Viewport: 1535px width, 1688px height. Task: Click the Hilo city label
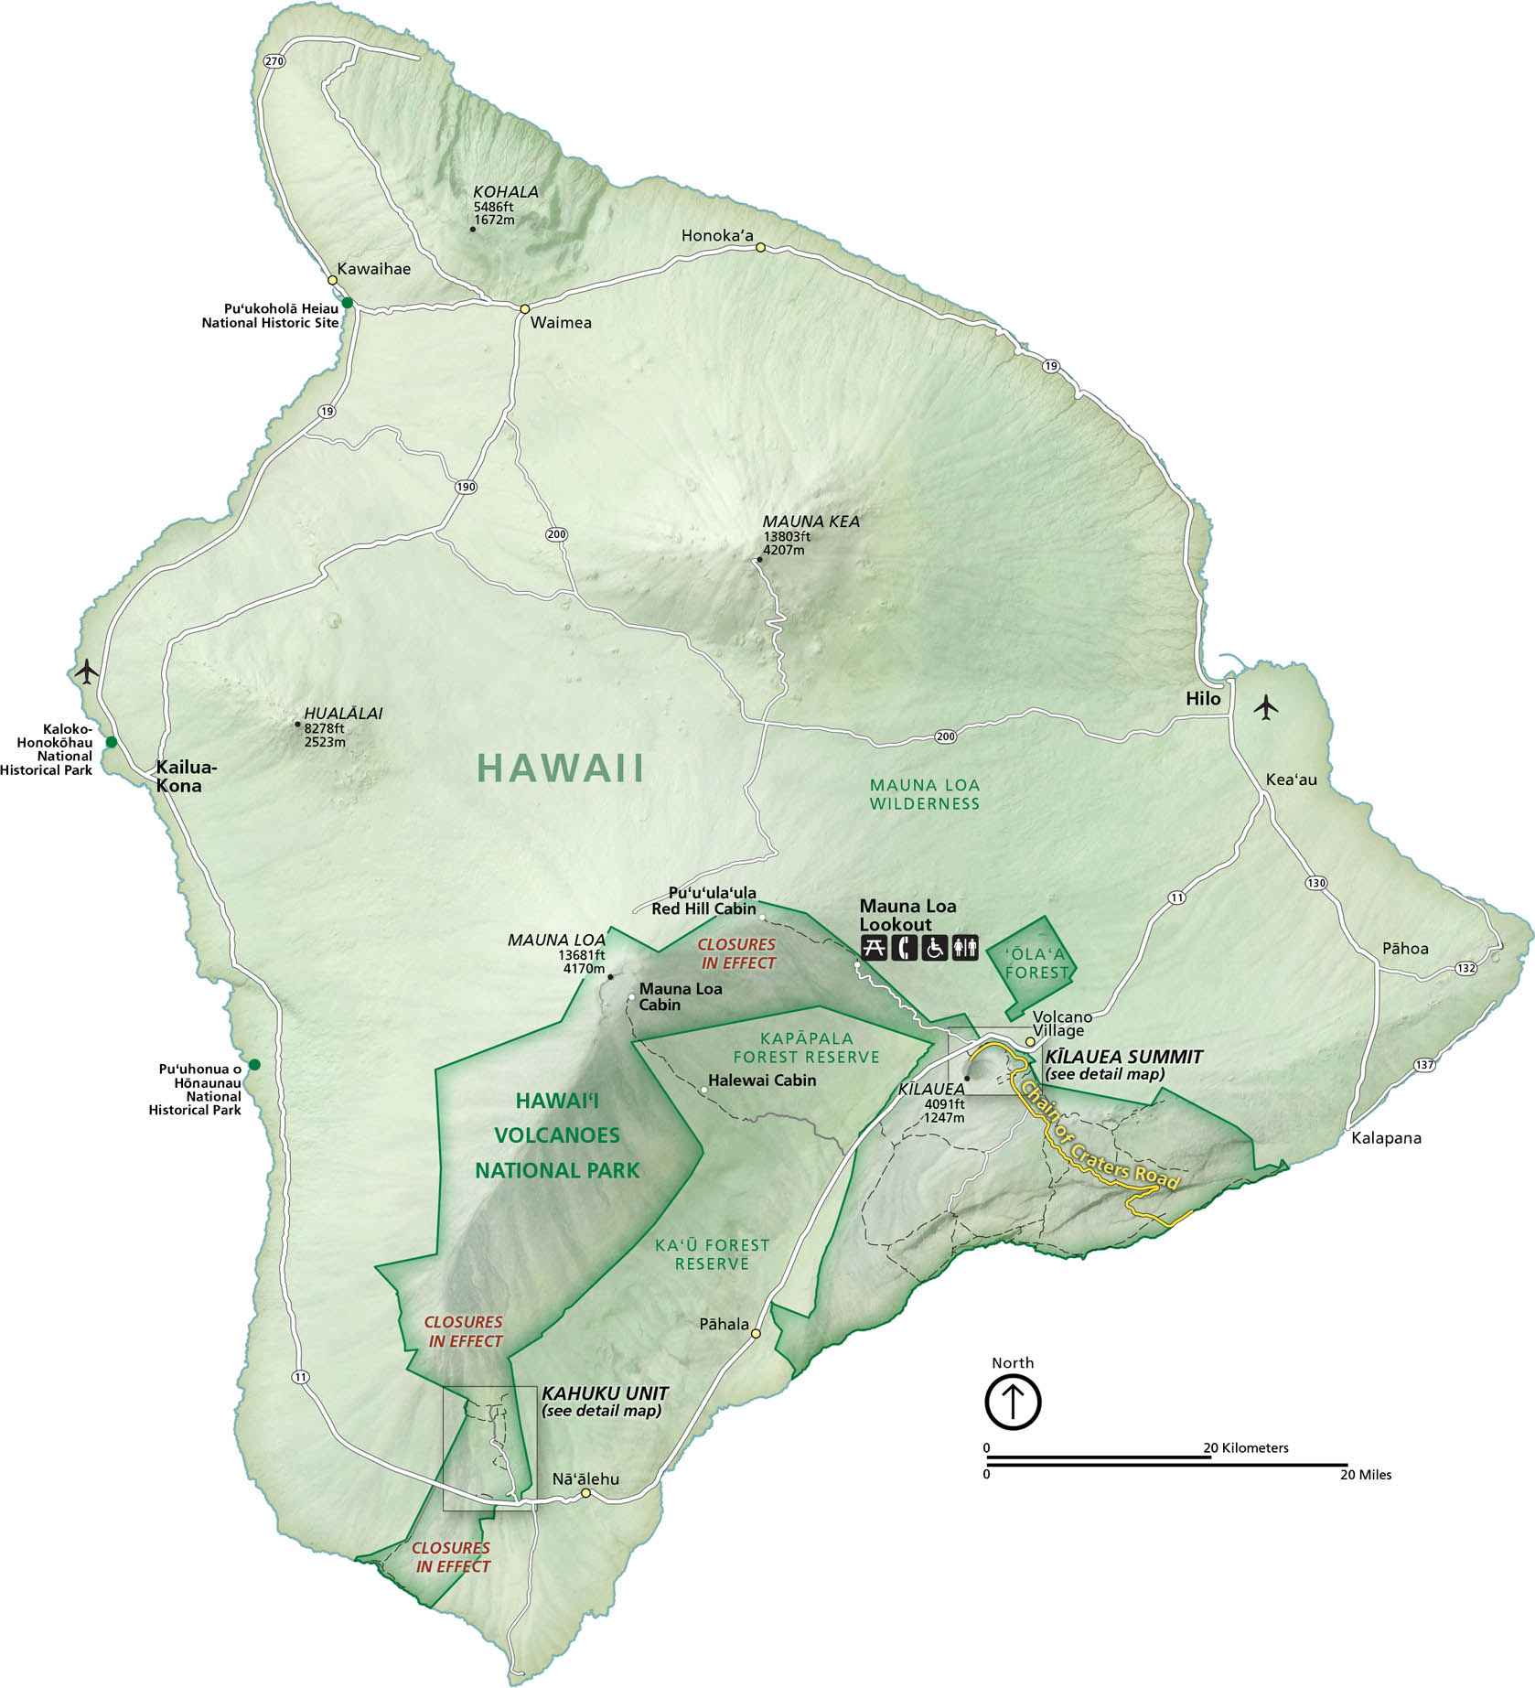[x=1203, y=698]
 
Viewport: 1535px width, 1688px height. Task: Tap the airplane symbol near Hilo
[x=1266, y=707]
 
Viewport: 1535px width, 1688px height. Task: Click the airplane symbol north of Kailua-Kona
[x=87, y=672]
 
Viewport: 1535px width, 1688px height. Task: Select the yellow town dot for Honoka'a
[x=760, y=247]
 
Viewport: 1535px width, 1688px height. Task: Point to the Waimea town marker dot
[x=525, y=308]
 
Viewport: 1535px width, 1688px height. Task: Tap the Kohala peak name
[x=505, y=192]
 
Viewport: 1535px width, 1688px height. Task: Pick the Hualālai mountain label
[x=343, y=714]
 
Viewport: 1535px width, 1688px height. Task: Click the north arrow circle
[x=1013, y=1401]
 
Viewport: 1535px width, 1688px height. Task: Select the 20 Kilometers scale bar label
[x=1245, y=1447]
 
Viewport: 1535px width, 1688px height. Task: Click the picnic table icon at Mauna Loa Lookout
[x=874, y=948]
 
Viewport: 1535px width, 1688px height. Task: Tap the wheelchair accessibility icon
[x=934, y=948]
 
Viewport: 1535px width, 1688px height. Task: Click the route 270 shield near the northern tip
[x=274, y=61]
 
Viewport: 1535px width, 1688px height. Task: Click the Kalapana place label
[x=1386, y=1138]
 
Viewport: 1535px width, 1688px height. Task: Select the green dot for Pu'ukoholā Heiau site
[x=348, y=303]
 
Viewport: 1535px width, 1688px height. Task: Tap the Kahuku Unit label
[x=605, y=1393]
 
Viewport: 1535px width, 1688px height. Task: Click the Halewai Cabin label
[x=761, y=1081]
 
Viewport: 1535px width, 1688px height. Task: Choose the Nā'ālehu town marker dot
[x=585, y=1494]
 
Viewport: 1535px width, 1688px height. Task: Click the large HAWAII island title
[x=560, y=769]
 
